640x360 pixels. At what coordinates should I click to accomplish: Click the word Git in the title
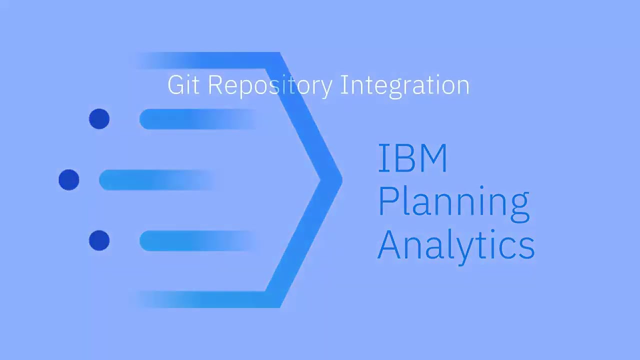tap(183, 85)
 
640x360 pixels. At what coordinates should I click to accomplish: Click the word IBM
tap(412, 158)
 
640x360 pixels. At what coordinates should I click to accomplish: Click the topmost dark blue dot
tap(99, 119)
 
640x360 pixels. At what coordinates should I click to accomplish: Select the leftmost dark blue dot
tap(69, 180)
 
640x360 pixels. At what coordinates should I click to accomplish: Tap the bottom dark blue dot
tap(99, 240)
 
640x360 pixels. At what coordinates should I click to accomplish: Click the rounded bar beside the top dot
tap(195, 119)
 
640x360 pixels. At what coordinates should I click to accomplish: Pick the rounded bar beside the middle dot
tap(155, 180)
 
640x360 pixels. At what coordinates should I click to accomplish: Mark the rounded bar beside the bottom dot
tap(195, 240)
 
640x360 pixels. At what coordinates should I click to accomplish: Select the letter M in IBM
tap(432, 158)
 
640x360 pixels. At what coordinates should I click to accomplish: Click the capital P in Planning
tap(388, 200)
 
